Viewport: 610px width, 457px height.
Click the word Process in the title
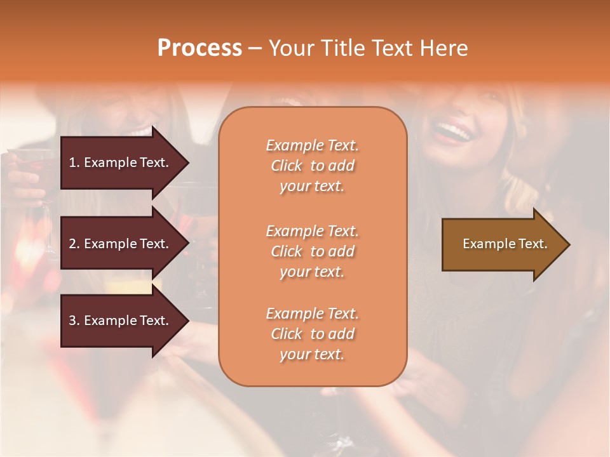(200, 48)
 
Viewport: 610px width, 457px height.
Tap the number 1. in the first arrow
(74, 162)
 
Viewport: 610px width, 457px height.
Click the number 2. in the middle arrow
(74, 244)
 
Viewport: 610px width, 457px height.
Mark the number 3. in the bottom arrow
(74, 321)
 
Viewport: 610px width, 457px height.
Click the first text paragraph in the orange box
(312, 166)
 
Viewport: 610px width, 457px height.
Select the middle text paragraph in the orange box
(312, 251)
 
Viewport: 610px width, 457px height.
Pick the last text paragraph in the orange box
(312, 334)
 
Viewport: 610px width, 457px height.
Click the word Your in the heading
(291, 48)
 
